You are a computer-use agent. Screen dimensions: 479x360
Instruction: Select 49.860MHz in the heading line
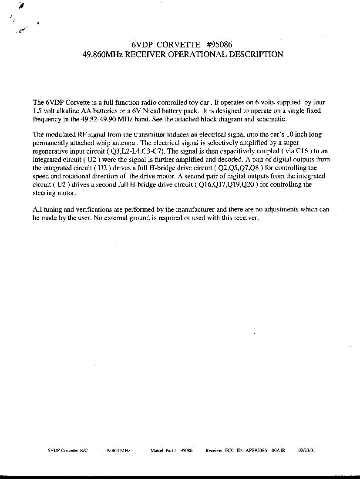pos(103,54)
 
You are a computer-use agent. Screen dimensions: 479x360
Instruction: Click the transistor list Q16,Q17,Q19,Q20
pos(228,184)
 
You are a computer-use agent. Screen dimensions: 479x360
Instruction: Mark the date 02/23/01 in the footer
pos(307,451)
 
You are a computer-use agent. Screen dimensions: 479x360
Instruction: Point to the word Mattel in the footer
pos(157,451)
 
